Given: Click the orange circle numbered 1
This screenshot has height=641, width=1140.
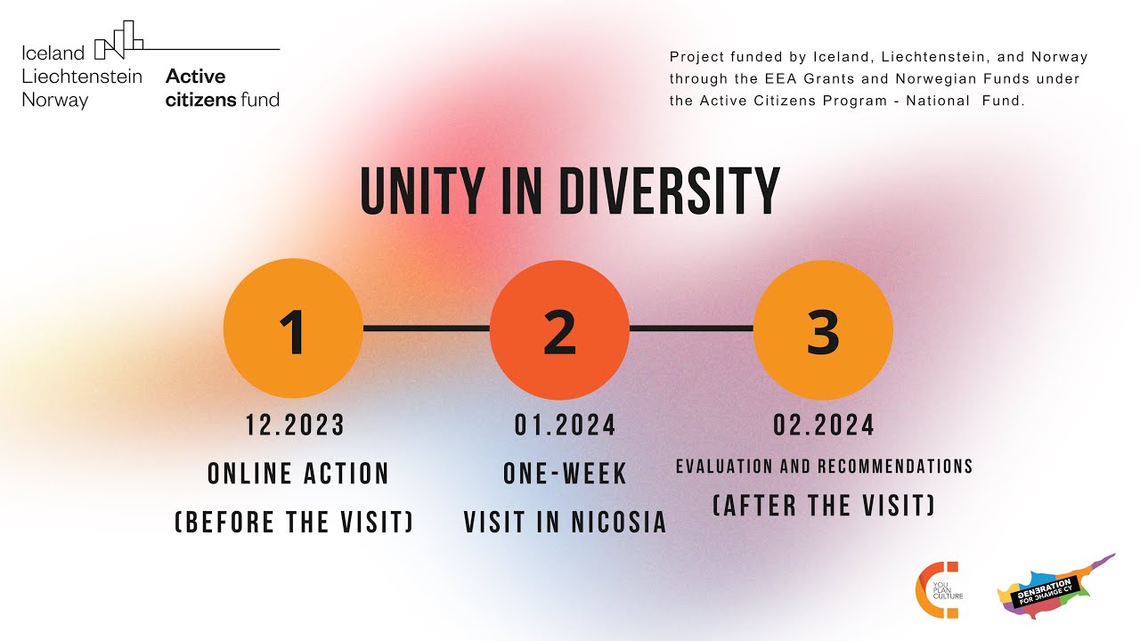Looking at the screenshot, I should pos(293,329).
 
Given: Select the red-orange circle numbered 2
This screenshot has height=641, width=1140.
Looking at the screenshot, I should pos(559,329).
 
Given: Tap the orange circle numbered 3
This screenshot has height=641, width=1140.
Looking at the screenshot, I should pos(823,329).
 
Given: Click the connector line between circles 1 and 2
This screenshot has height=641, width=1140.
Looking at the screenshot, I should pos(427,329).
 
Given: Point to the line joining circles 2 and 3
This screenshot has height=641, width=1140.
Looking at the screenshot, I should pos(691,329).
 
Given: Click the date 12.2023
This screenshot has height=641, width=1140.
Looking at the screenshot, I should pos(296,426).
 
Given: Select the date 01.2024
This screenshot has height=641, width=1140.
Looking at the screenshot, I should pos(566,426).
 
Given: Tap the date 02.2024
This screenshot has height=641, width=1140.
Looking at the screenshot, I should pos(824,426).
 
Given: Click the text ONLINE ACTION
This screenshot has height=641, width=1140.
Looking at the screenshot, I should pos(298,474).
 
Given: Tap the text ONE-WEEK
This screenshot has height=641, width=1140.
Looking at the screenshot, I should pos(566,474).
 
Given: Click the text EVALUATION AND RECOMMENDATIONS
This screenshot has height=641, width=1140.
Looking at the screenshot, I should pos(824,467).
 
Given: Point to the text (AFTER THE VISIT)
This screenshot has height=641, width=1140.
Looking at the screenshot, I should pos(824,506).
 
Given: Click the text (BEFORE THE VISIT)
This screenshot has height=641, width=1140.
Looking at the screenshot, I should pos(295,522).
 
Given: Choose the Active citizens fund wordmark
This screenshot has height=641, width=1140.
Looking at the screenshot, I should pos(222,88).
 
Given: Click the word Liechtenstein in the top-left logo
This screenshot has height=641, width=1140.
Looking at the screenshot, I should pos(82,77).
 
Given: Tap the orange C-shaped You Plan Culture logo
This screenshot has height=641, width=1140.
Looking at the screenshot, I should pos(930,589).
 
